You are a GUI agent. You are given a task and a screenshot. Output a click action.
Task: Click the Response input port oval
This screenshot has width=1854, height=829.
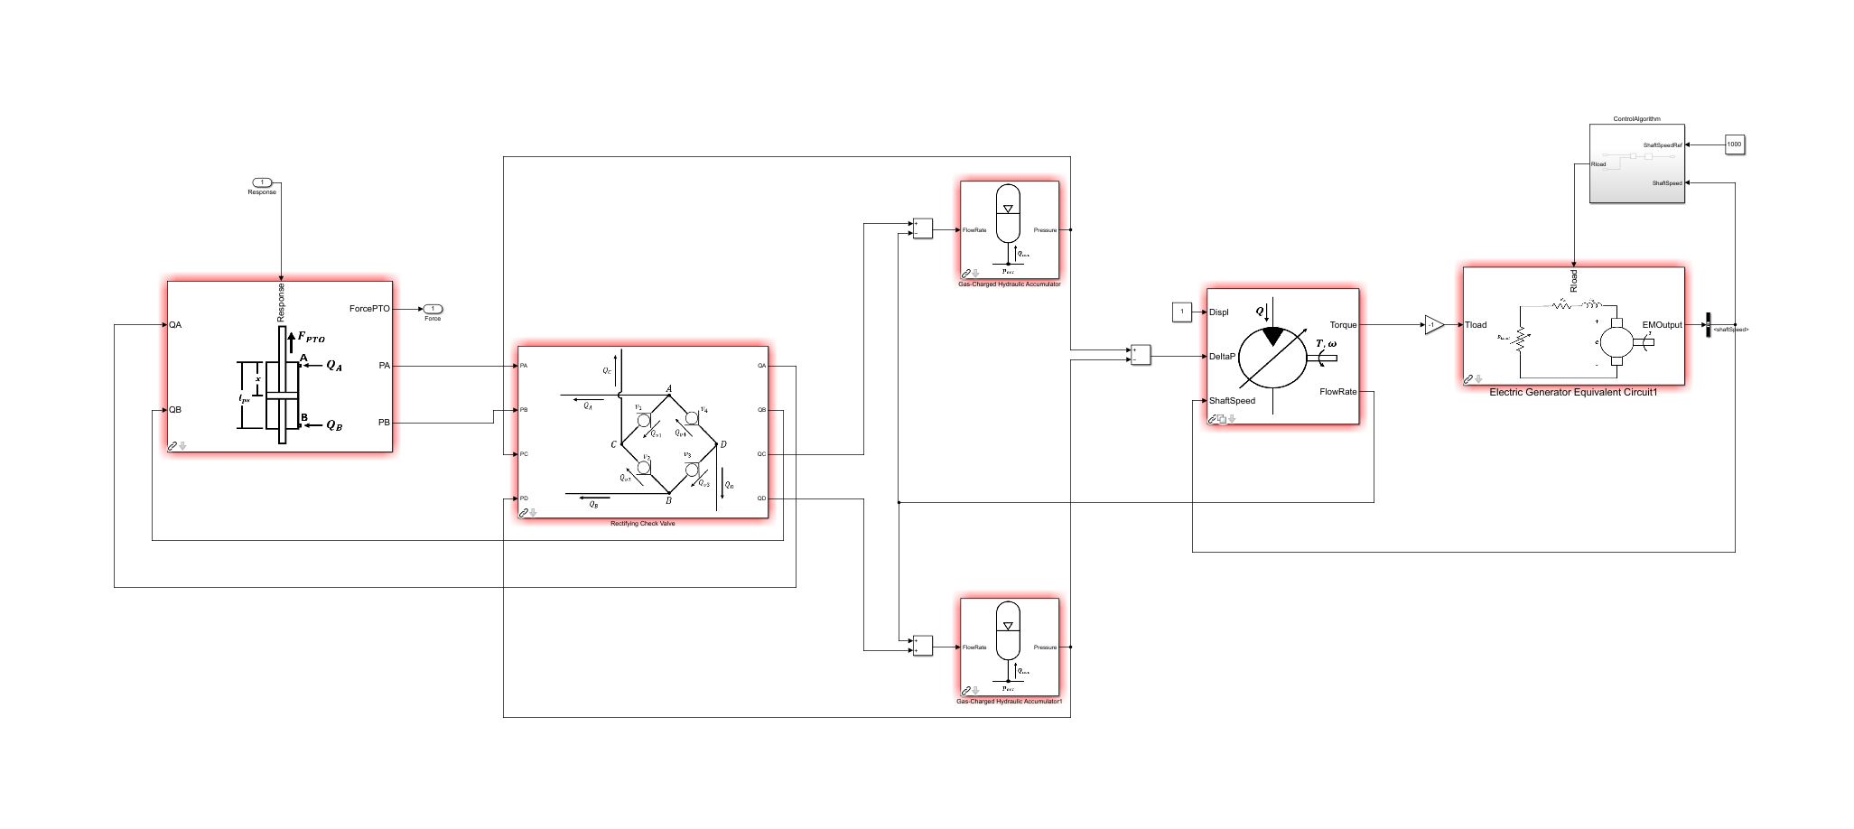click(x=262, y=182)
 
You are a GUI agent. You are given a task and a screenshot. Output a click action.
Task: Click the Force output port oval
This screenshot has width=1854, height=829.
click(x=433, y=309)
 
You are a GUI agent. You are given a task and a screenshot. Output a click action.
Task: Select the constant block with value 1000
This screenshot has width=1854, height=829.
click(x=1734, y=144)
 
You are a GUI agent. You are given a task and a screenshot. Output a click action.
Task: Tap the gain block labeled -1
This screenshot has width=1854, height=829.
click(x=1433, y=325)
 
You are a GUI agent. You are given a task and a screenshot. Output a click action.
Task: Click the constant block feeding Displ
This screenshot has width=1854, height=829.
click(x=1181, y=312)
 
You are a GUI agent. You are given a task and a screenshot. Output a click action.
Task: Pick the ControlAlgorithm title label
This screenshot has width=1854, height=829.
click(x=1636, y=119)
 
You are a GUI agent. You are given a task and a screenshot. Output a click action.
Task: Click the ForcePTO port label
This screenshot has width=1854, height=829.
click(x=369, y=309)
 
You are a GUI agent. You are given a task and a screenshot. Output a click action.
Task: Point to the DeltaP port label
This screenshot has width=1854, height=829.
click(x=1222, y=357)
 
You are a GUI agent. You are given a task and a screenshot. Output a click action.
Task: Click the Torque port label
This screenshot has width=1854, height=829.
click(x=1343, y=325)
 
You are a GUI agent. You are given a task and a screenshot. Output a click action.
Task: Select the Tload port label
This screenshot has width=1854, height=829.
click(x=1476, y=325)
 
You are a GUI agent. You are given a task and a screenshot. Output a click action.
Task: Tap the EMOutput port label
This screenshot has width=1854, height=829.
click(x=1662, y=325)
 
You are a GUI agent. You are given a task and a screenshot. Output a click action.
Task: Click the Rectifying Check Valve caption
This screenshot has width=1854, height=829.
click(x=642, y=524)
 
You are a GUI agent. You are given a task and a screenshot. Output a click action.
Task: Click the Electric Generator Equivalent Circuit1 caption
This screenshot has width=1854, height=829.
click(x=1573, y=393)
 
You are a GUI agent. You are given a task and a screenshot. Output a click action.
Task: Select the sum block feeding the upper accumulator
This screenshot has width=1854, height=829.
click(x=921, y=228)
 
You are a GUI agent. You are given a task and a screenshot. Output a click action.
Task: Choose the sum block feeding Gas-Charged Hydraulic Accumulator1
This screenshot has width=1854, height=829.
click(x=921, y=646)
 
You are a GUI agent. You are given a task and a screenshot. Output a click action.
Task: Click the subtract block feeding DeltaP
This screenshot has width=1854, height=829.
click(x=1141, y=355)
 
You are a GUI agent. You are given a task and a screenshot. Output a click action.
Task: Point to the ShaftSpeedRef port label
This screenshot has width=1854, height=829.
click(x=1663, y=145)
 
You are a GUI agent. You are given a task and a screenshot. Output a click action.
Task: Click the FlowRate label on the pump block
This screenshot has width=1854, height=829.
click(x=1337, y=392)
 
